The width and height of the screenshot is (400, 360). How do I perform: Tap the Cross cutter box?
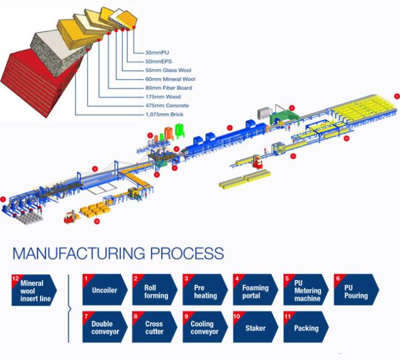pyautogui.click(x=155, y=327)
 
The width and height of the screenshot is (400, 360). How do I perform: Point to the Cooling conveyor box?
pyautogui.click(x=205, y=327)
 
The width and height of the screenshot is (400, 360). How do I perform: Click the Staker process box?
pyautogui.click(x=255, y=327)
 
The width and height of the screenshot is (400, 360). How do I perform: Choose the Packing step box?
pyautogui.click(x=306, y=327)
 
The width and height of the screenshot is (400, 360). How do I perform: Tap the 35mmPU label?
pyautogui.click(x=157, y=52)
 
